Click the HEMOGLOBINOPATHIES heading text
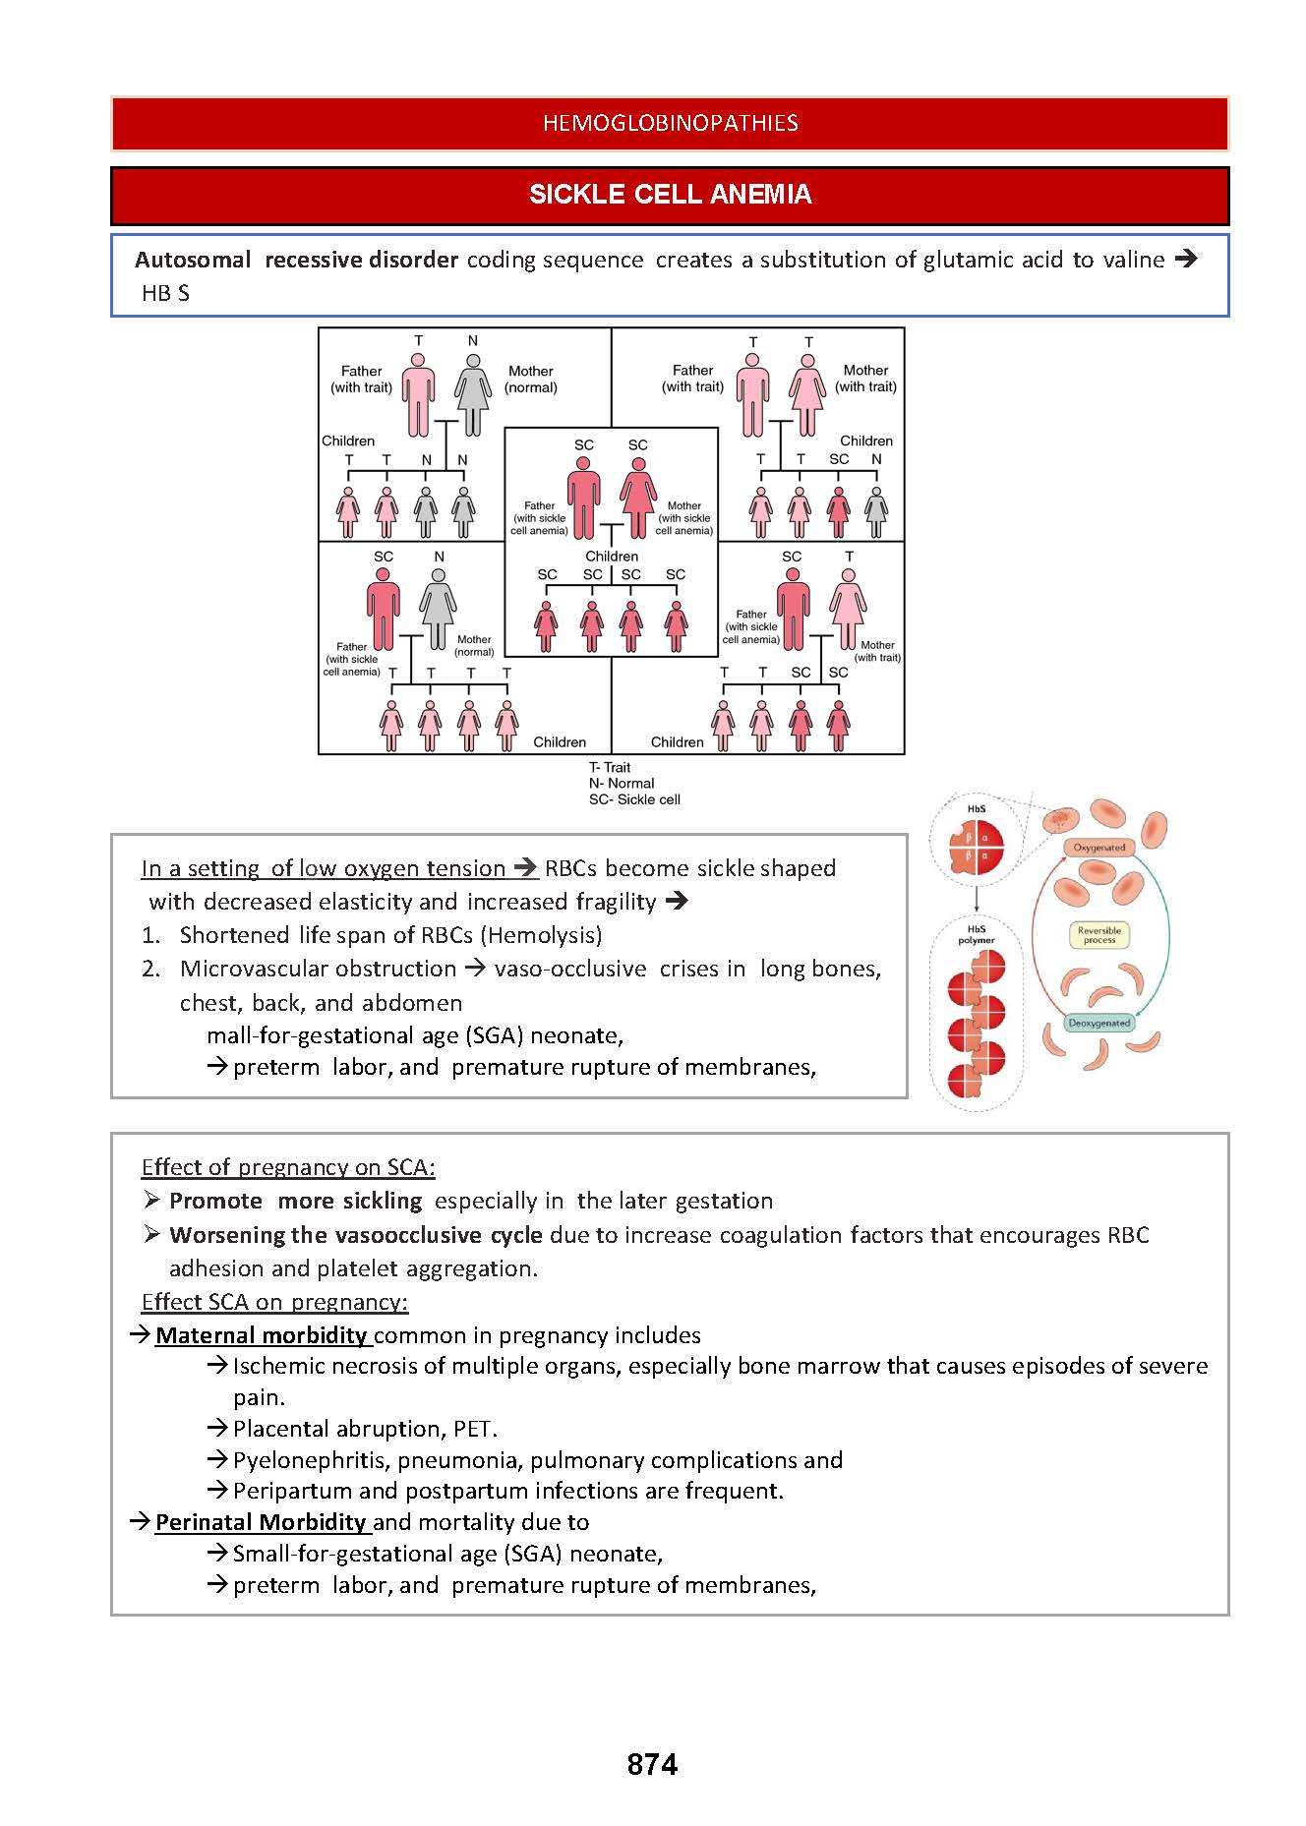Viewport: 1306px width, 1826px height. tap(670, 123)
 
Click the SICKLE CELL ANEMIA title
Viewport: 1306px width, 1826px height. tap(670, 195)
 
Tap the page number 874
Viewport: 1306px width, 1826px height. tap(652, 1764)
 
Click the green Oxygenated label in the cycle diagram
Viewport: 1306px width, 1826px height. tap(1098, 847)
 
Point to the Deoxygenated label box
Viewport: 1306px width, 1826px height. tap(1098, 1023)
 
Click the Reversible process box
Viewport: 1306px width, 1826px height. tap(1098, 934)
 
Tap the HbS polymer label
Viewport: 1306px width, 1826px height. tap(976, 934)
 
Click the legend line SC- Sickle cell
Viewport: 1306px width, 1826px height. tap(634, 799)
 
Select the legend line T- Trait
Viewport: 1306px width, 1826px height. tap(610, 767)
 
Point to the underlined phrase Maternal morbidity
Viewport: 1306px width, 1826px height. tap(261, 1335)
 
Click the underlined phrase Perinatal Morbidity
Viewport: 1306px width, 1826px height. tap(261, 1522)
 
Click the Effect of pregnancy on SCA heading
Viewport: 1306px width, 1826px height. tap(287, 1167)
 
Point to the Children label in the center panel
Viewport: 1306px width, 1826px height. tap(612, 557)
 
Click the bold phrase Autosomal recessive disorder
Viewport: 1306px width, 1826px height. tap(296, 260)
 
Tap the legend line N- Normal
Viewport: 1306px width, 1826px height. tap(621, 784)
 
